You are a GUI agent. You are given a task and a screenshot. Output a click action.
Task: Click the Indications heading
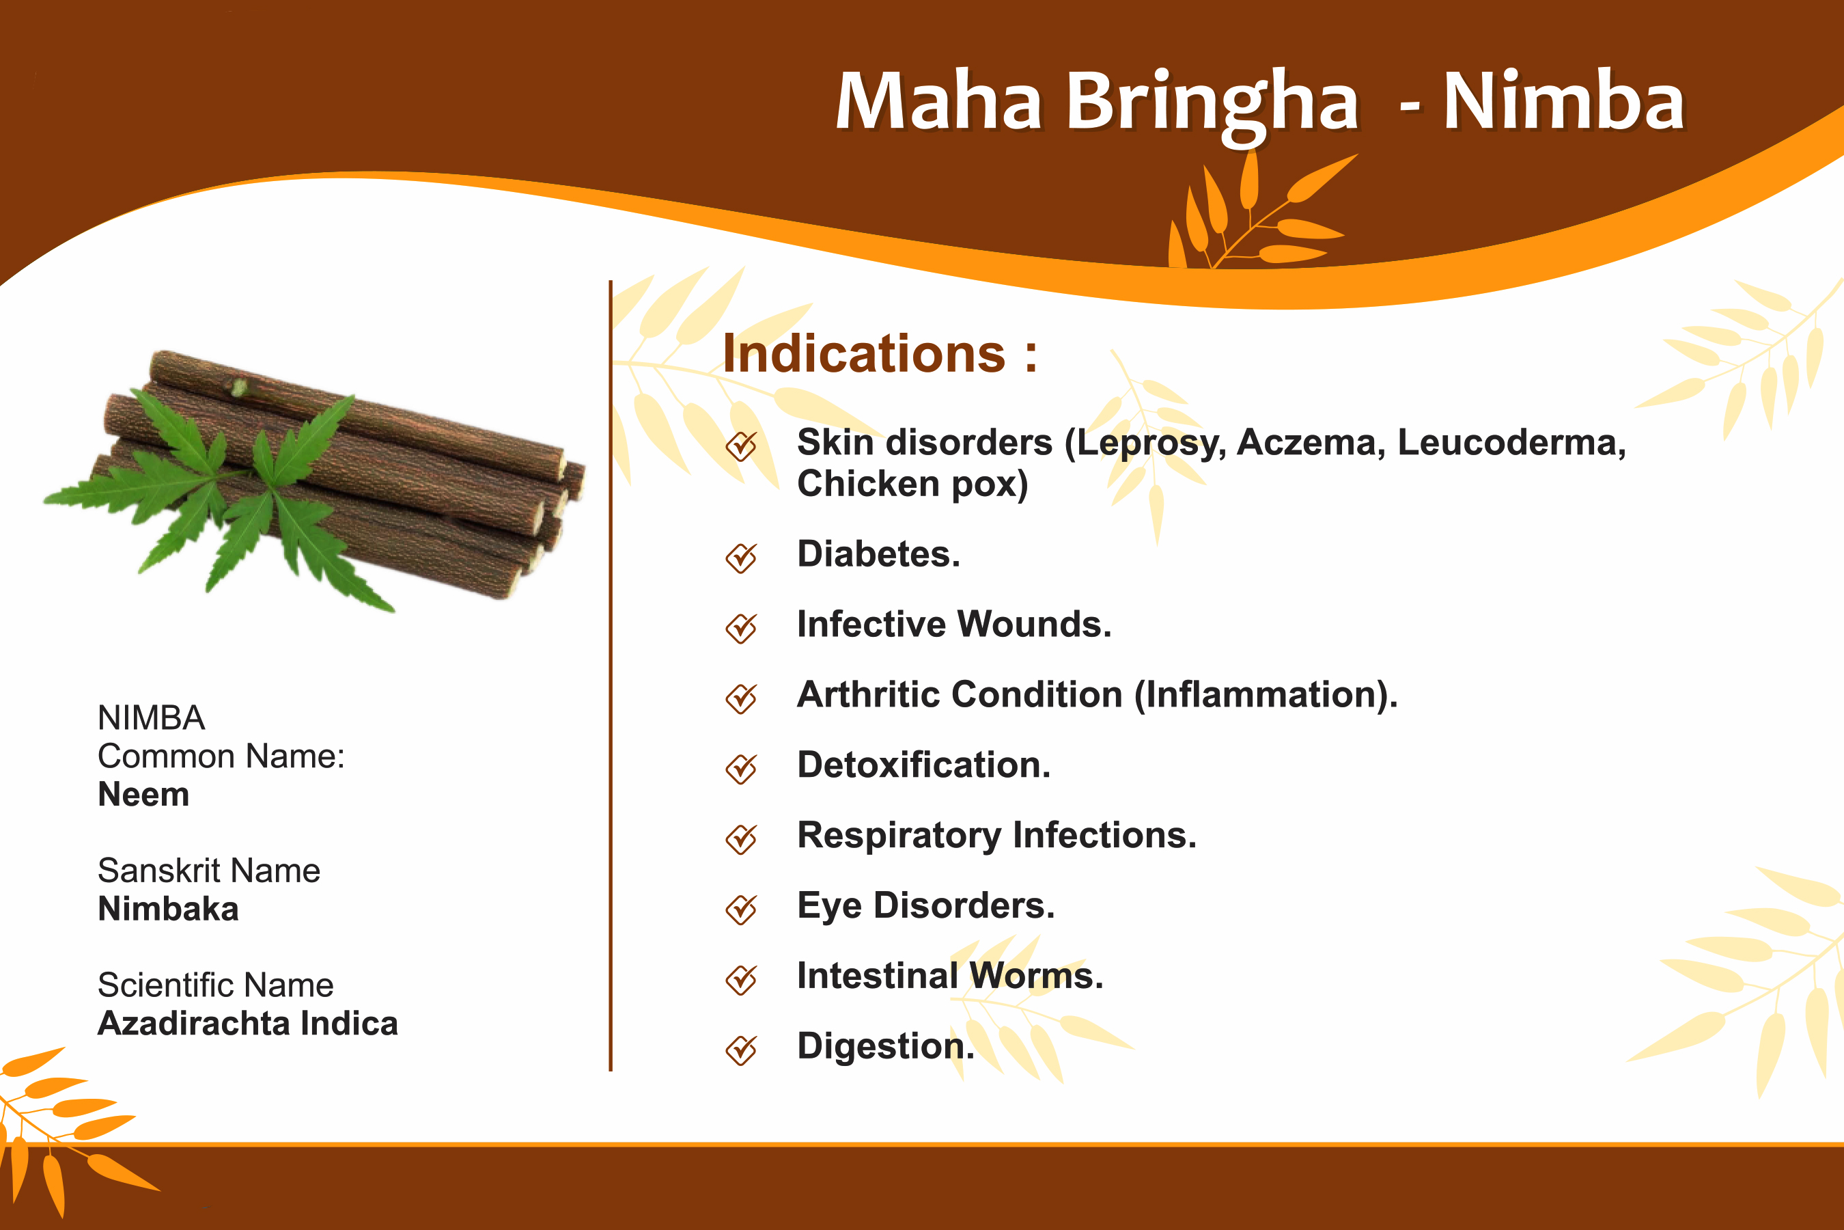coord(880,354)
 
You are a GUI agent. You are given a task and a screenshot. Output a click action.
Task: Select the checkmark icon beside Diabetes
coord(741,558)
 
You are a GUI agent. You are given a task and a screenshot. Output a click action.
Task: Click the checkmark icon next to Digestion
coord(741,1050)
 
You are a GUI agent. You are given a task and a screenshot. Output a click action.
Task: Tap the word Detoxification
coord(923,765)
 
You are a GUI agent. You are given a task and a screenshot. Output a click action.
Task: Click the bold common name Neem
coord(143,795)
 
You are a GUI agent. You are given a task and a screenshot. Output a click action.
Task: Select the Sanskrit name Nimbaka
coord(168,909)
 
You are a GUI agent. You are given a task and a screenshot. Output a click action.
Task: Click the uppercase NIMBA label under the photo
coord(152,717)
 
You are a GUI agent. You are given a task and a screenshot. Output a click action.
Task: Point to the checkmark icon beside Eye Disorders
coord(741,909)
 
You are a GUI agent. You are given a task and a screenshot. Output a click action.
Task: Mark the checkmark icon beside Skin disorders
coord(741,446)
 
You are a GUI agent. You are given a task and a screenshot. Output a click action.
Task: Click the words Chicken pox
coord(912,484)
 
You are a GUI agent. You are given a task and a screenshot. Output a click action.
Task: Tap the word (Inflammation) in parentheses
coord(1266,695)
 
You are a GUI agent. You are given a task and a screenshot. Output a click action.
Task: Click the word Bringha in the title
coord(1212,106)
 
